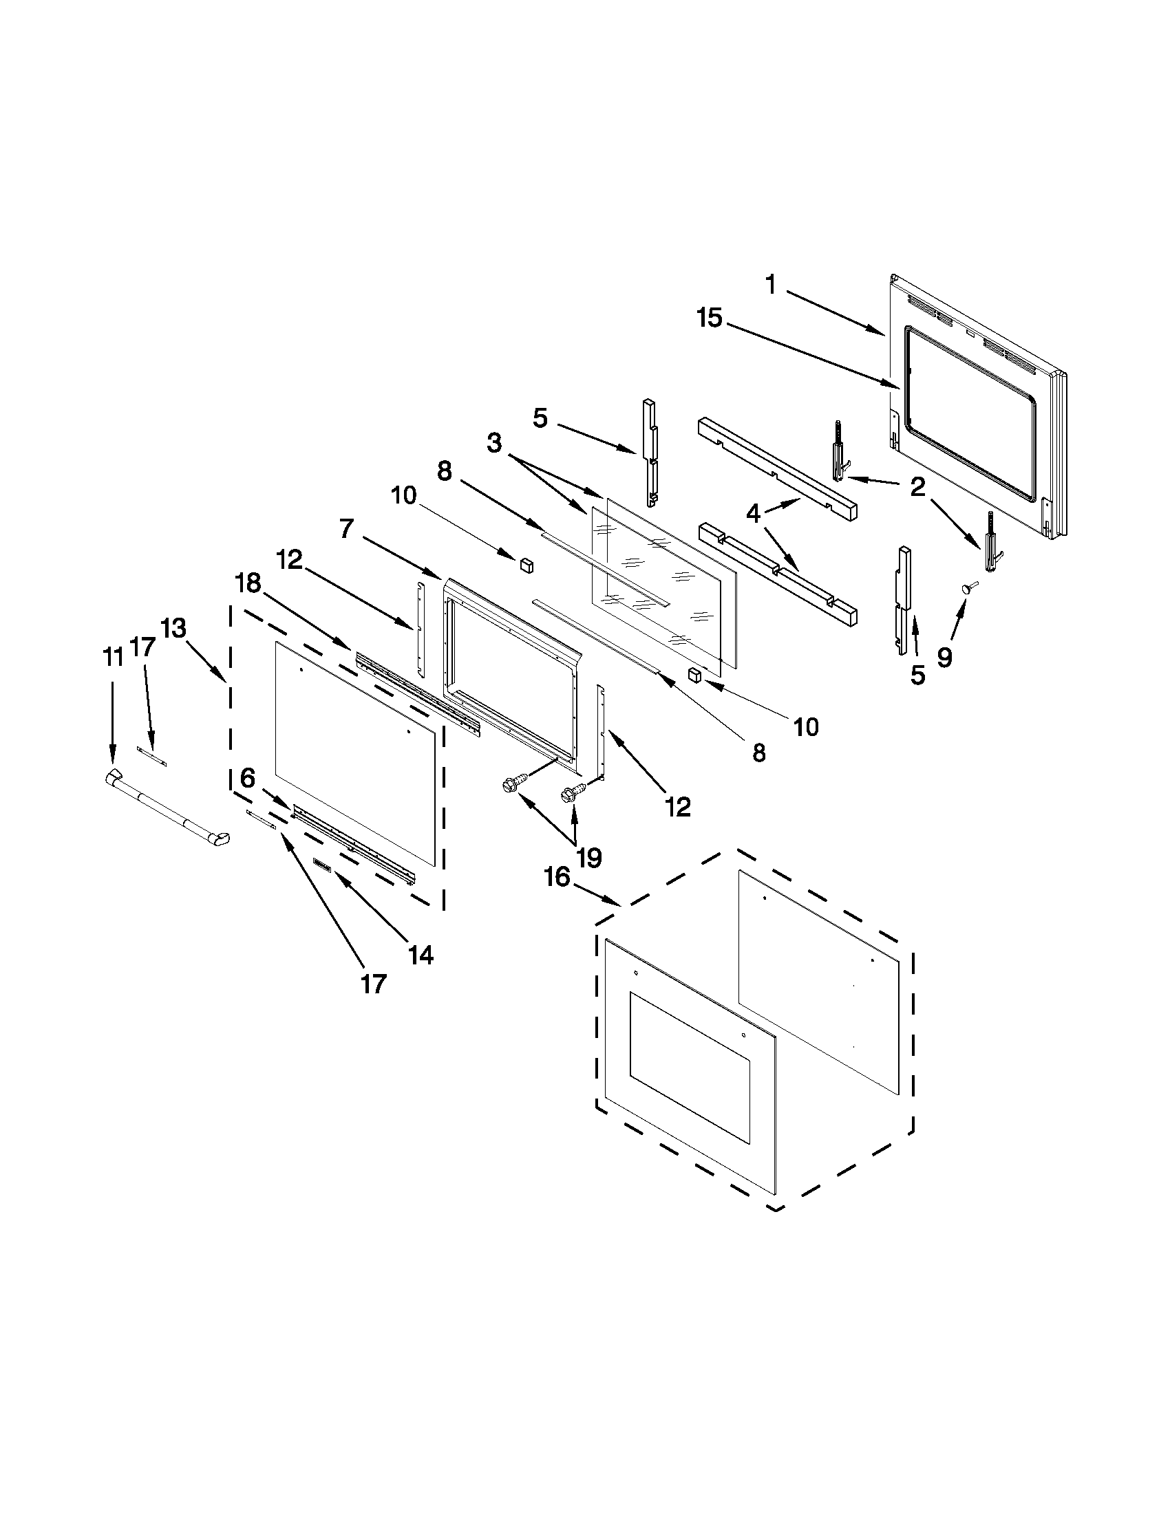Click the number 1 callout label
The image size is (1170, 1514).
point(771,284)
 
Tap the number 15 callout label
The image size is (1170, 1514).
point(710,319)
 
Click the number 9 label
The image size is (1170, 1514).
point(944,657)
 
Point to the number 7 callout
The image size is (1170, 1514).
point(348,529)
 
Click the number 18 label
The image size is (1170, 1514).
point(248,584)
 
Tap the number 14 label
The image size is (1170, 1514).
point(421,955)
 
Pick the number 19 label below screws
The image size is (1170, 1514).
point(589,858)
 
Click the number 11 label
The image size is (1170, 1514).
point(112,656)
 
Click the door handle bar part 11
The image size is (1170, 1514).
point(167,810)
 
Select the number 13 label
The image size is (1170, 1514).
point(173,629)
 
